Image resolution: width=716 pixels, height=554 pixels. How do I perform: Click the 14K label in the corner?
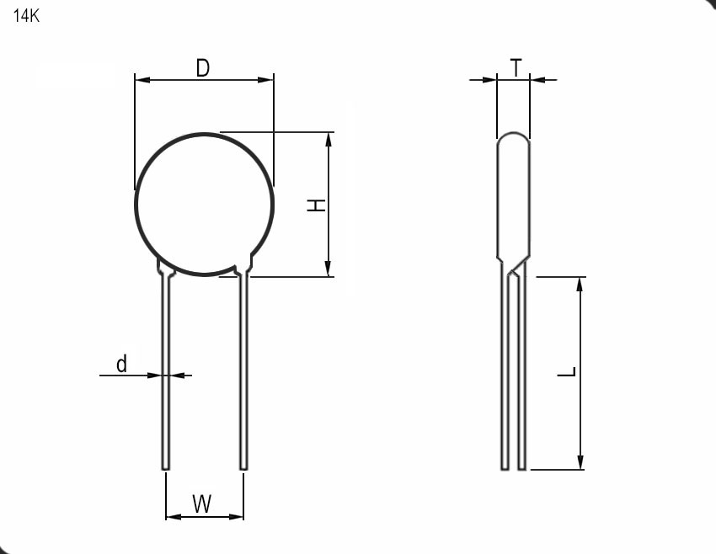pos(26,16)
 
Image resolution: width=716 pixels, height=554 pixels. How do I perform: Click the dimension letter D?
pos(203,68)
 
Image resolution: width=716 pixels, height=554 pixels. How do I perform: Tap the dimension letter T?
pos(516,68)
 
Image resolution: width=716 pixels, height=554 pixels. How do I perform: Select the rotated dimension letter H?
pos(316,205)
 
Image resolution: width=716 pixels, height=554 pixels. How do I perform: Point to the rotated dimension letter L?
pos(567,372)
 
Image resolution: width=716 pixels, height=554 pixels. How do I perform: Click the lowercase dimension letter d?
pos(121,364)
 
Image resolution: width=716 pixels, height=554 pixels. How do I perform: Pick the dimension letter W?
pos(202,503)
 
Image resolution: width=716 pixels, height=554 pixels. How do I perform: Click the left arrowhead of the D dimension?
pos(142,80)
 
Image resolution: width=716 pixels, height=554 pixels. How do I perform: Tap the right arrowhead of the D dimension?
pos(265,80)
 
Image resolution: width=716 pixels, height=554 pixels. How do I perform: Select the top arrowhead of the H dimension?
pos(329,140)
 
